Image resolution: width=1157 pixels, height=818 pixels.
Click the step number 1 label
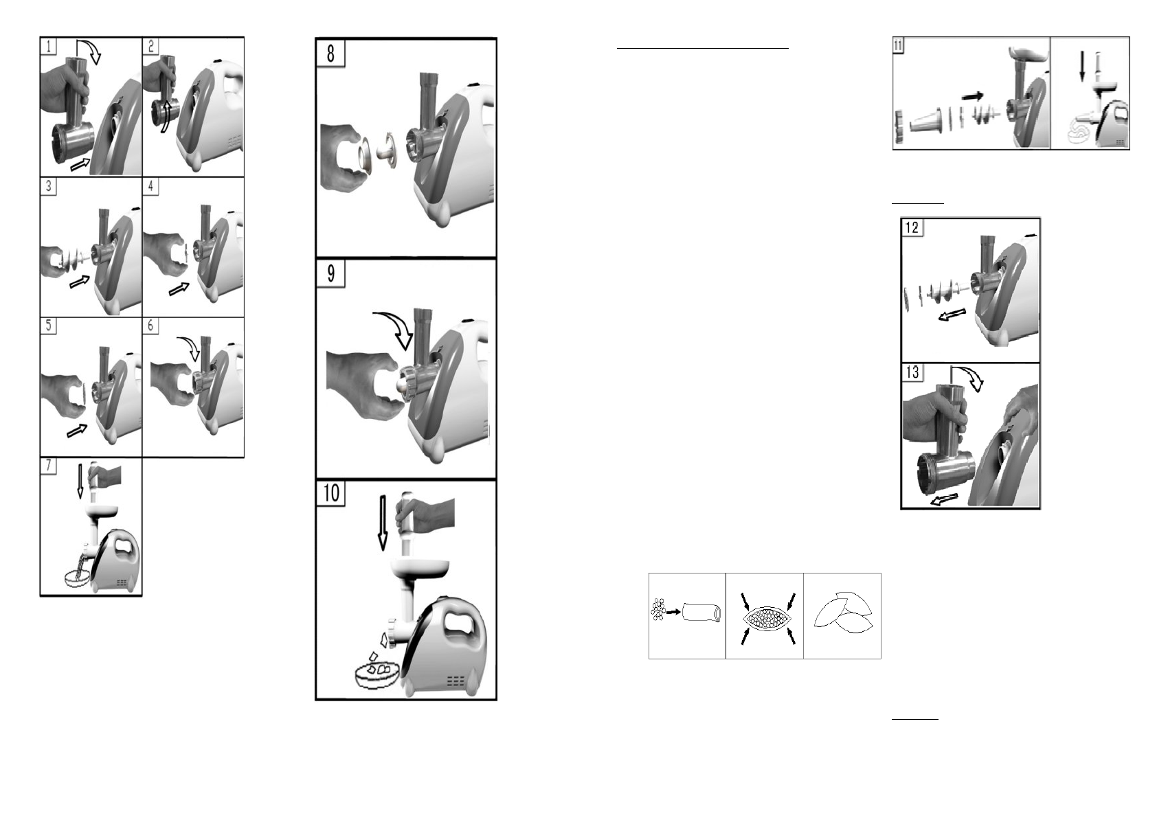pyautogui.click(x=49, y=46)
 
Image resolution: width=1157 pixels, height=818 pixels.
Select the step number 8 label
pyautogui.click(x=330, y=53)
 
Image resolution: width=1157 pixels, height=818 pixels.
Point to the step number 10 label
pyautogui.click(x=331, y=492)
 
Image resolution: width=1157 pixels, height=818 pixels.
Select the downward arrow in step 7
pyautogui.click(x=80, y=480)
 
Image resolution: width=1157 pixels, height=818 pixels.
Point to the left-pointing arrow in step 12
pyautogui.click(x=952, y=315)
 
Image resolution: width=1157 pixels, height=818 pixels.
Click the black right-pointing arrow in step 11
pyautogui.click(x=972, y=96)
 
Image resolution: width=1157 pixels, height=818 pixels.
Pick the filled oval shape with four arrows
pyautogui.click(x=765, y=617)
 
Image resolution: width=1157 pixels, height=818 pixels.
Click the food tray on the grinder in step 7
pyautogui.click(x=100, y=511)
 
